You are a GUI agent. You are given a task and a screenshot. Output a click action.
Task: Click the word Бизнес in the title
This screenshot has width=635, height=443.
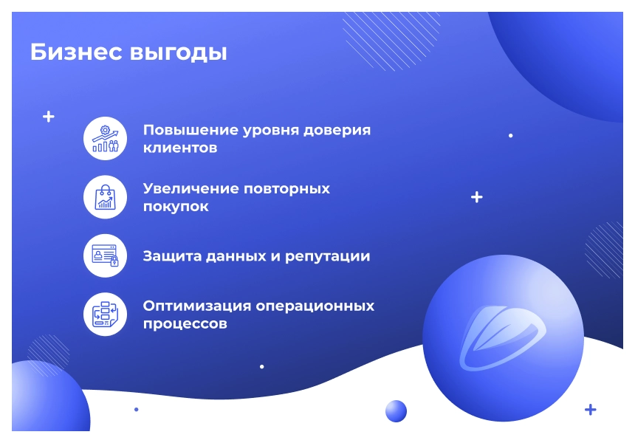pos(76,52)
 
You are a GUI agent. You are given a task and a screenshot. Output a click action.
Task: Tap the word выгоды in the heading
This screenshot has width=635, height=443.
pos(178,53)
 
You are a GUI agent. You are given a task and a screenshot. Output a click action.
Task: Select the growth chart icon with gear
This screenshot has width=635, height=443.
pos(106,139)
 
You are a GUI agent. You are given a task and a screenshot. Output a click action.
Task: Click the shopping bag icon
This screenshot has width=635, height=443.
pos(106,197)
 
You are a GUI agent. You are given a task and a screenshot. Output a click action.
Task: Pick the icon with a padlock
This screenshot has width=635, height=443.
pos(106,255)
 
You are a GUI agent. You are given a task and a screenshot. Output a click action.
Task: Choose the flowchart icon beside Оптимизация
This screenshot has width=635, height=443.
pos(106,315)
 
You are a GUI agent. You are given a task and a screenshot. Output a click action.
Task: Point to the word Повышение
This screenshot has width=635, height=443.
pos(190,130)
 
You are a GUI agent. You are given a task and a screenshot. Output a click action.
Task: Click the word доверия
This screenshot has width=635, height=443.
pos(337,131)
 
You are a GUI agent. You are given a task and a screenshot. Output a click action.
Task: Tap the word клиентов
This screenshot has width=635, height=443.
pos(180,148)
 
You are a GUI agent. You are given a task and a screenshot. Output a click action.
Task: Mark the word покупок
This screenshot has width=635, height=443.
pos(176,207)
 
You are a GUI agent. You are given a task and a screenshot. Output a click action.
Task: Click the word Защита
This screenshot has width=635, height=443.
pos(172,256)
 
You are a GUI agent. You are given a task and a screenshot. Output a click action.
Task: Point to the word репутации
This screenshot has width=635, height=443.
pos(328,257)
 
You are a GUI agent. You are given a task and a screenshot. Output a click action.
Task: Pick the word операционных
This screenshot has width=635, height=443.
pos(315,306)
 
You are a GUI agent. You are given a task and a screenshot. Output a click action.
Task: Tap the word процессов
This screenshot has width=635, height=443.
pos(185,324)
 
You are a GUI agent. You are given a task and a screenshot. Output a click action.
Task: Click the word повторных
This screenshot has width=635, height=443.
pos(287,189)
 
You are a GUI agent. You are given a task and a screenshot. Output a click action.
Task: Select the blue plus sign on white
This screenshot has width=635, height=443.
pos(591,410)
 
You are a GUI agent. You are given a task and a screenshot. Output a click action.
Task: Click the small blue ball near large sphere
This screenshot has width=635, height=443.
pos(396,411)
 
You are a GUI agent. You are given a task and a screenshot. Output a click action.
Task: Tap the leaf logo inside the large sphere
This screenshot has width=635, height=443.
pos(502,337)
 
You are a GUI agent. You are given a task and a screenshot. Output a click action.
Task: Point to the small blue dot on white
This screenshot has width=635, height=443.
pos(137,409)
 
